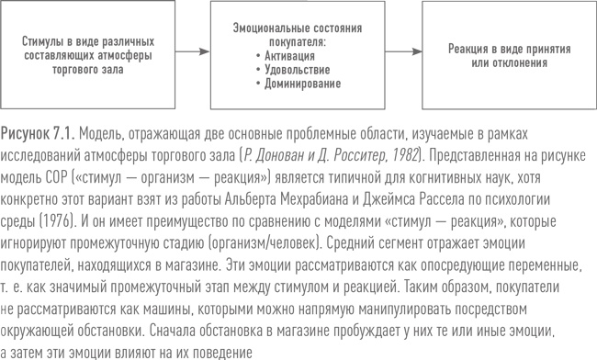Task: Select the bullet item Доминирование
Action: pos(298,84)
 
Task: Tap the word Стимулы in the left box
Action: pos(43,40)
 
